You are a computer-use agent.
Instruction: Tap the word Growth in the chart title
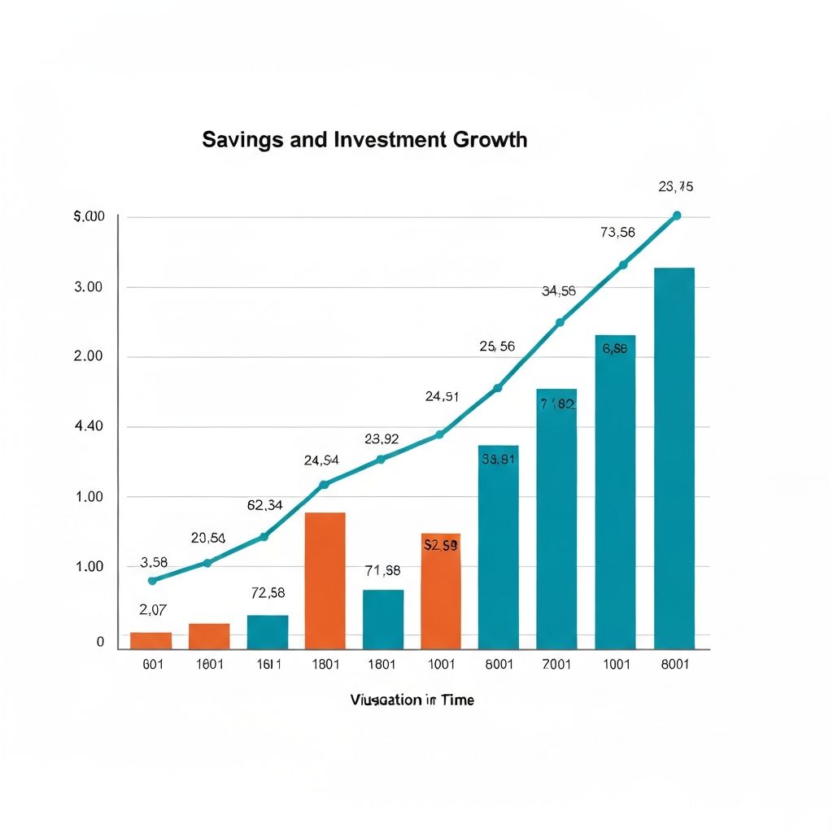(490, 140)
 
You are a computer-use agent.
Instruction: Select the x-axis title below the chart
(412, 700)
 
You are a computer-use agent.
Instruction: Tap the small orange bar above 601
(151, 640)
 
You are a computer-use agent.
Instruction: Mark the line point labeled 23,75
(677, 216)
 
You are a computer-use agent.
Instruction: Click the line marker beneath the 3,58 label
(152, 581)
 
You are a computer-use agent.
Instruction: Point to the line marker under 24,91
(440, 434)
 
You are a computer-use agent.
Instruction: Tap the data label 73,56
(617, 232)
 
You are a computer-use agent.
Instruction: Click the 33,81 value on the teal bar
(498, 459)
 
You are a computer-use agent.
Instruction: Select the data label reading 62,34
(264, 505)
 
